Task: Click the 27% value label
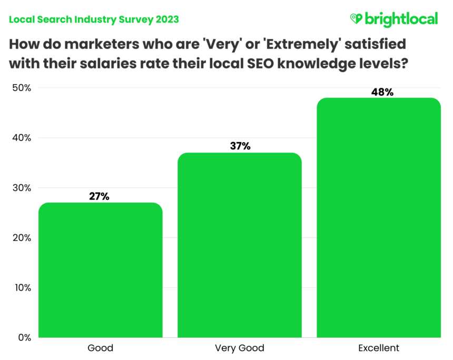point(99,196)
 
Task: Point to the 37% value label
point(240,146)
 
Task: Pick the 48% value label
point(382,92)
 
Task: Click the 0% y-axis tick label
point(24,337)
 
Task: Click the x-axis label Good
point(100,348)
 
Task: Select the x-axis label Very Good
point(240,348)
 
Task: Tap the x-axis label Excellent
point(379,348)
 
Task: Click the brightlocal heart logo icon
point(357,19)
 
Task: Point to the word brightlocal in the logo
point(401,19)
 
